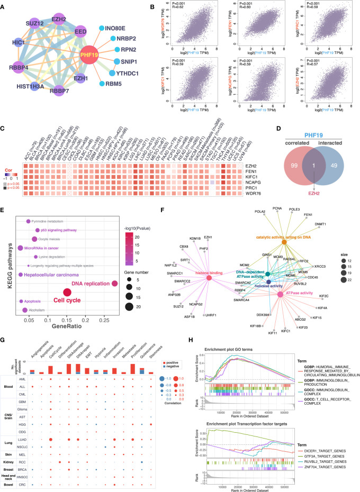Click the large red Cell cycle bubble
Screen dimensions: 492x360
click(67, 293)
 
